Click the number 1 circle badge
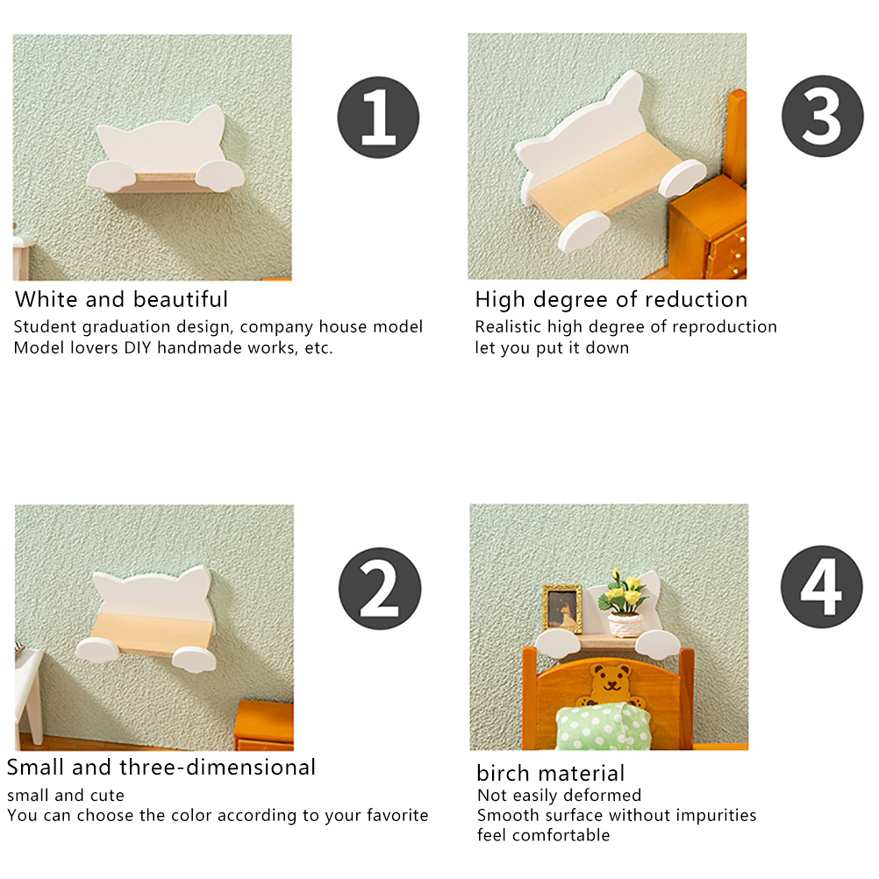[378, 118]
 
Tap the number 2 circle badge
[380, 588]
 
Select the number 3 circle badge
[822, 116]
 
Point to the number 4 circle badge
[822, 587]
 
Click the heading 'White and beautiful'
[121, 299]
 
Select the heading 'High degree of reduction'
[611, 300]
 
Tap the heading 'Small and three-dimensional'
[161, 767]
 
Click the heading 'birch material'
[551, 773]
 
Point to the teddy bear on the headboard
[611, 685]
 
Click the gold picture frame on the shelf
[563, 610]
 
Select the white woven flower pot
[625, 625]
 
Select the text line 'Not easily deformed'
[559, 796]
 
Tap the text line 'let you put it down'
[552, 348]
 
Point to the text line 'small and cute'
[66, 796]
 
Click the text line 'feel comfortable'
[543, 835]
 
